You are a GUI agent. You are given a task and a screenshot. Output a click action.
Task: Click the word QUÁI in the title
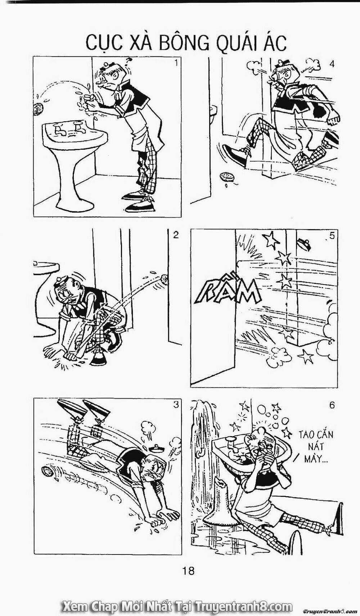coord(231,44)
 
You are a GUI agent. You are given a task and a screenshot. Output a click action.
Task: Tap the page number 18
coord(188,570)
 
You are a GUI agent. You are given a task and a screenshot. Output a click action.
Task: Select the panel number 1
coord(176,64)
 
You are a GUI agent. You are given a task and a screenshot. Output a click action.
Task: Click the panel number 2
coord(176,235)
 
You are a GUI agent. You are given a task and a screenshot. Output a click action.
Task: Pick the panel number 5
coord(332,236)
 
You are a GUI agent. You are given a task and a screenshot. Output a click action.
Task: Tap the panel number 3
coord(176,405)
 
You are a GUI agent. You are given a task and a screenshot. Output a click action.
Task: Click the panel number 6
coord(332,405)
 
